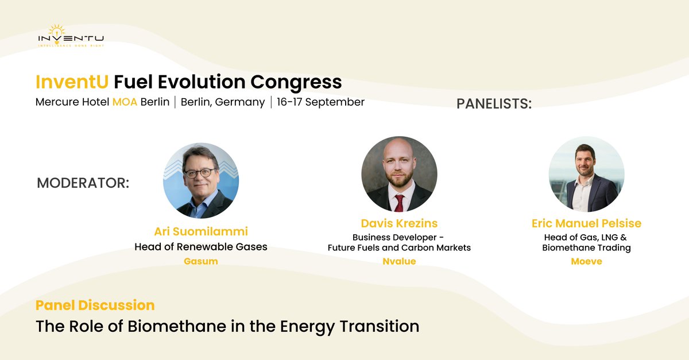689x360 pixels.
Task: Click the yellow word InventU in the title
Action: (72, 82)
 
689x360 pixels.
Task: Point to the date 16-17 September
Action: (320, 102)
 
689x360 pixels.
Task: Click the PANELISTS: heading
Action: (494, 104)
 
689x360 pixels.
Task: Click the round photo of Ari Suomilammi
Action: (201, 180)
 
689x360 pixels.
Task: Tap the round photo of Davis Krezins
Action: (399, 173)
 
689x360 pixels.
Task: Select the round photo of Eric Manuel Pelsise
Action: (586, 173)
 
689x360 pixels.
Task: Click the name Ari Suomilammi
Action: (201, 232)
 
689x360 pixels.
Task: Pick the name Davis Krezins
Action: (399, 223)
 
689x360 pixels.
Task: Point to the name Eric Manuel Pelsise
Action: (586, 223)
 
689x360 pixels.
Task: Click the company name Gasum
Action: (201, 261)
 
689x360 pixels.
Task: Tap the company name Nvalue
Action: (399, 261)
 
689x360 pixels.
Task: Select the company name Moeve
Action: (586, 261)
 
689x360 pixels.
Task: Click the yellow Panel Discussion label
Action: (95, 305)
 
